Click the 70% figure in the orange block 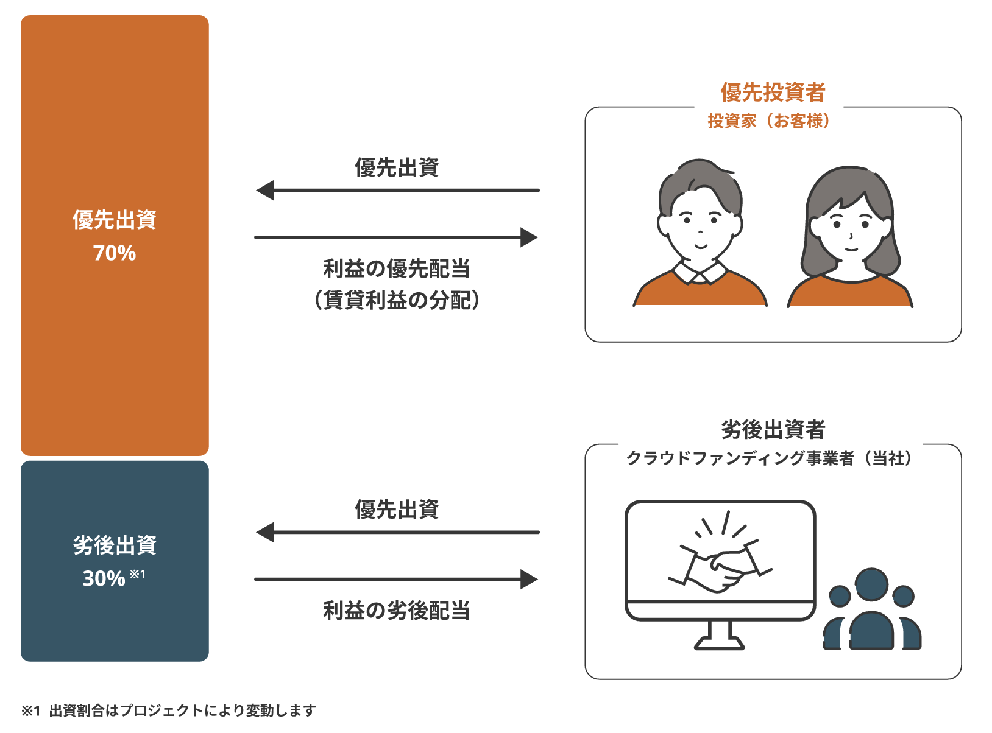pos(115,253)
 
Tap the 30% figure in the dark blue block pos(104,578)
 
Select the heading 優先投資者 pos(773,92)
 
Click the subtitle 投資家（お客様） pos(769,121)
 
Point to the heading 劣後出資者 pos(773,430)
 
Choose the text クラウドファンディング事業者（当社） pos(769,458)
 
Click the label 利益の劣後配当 pos(396,610)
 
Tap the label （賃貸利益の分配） pos(397,300)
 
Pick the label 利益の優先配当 pos(396,268)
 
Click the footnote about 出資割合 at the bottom pos(169,710)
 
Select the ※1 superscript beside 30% pos(138,574)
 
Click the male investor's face pos(700,226)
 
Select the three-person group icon pos(872,609)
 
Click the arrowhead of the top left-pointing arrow pos(265,191)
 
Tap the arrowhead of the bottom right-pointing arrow pos(529,580)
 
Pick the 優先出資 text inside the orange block pos(115,220)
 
